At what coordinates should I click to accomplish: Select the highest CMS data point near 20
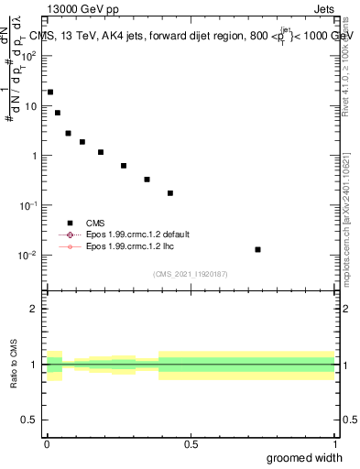[50, 92]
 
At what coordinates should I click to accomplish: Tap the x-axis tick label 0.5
[191, 444]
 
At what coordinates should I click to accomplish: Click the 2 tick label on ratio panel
[33, 309]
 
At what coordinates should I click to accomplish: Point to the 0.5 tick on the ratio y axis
[28, 421]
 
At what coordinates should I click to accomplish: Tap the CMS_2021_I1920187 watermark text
[191, 273]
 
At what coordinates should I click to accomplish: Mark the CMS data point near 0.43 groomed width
[170, 193]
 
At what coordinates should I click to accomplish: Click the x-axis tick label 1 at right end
[334, 444]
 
